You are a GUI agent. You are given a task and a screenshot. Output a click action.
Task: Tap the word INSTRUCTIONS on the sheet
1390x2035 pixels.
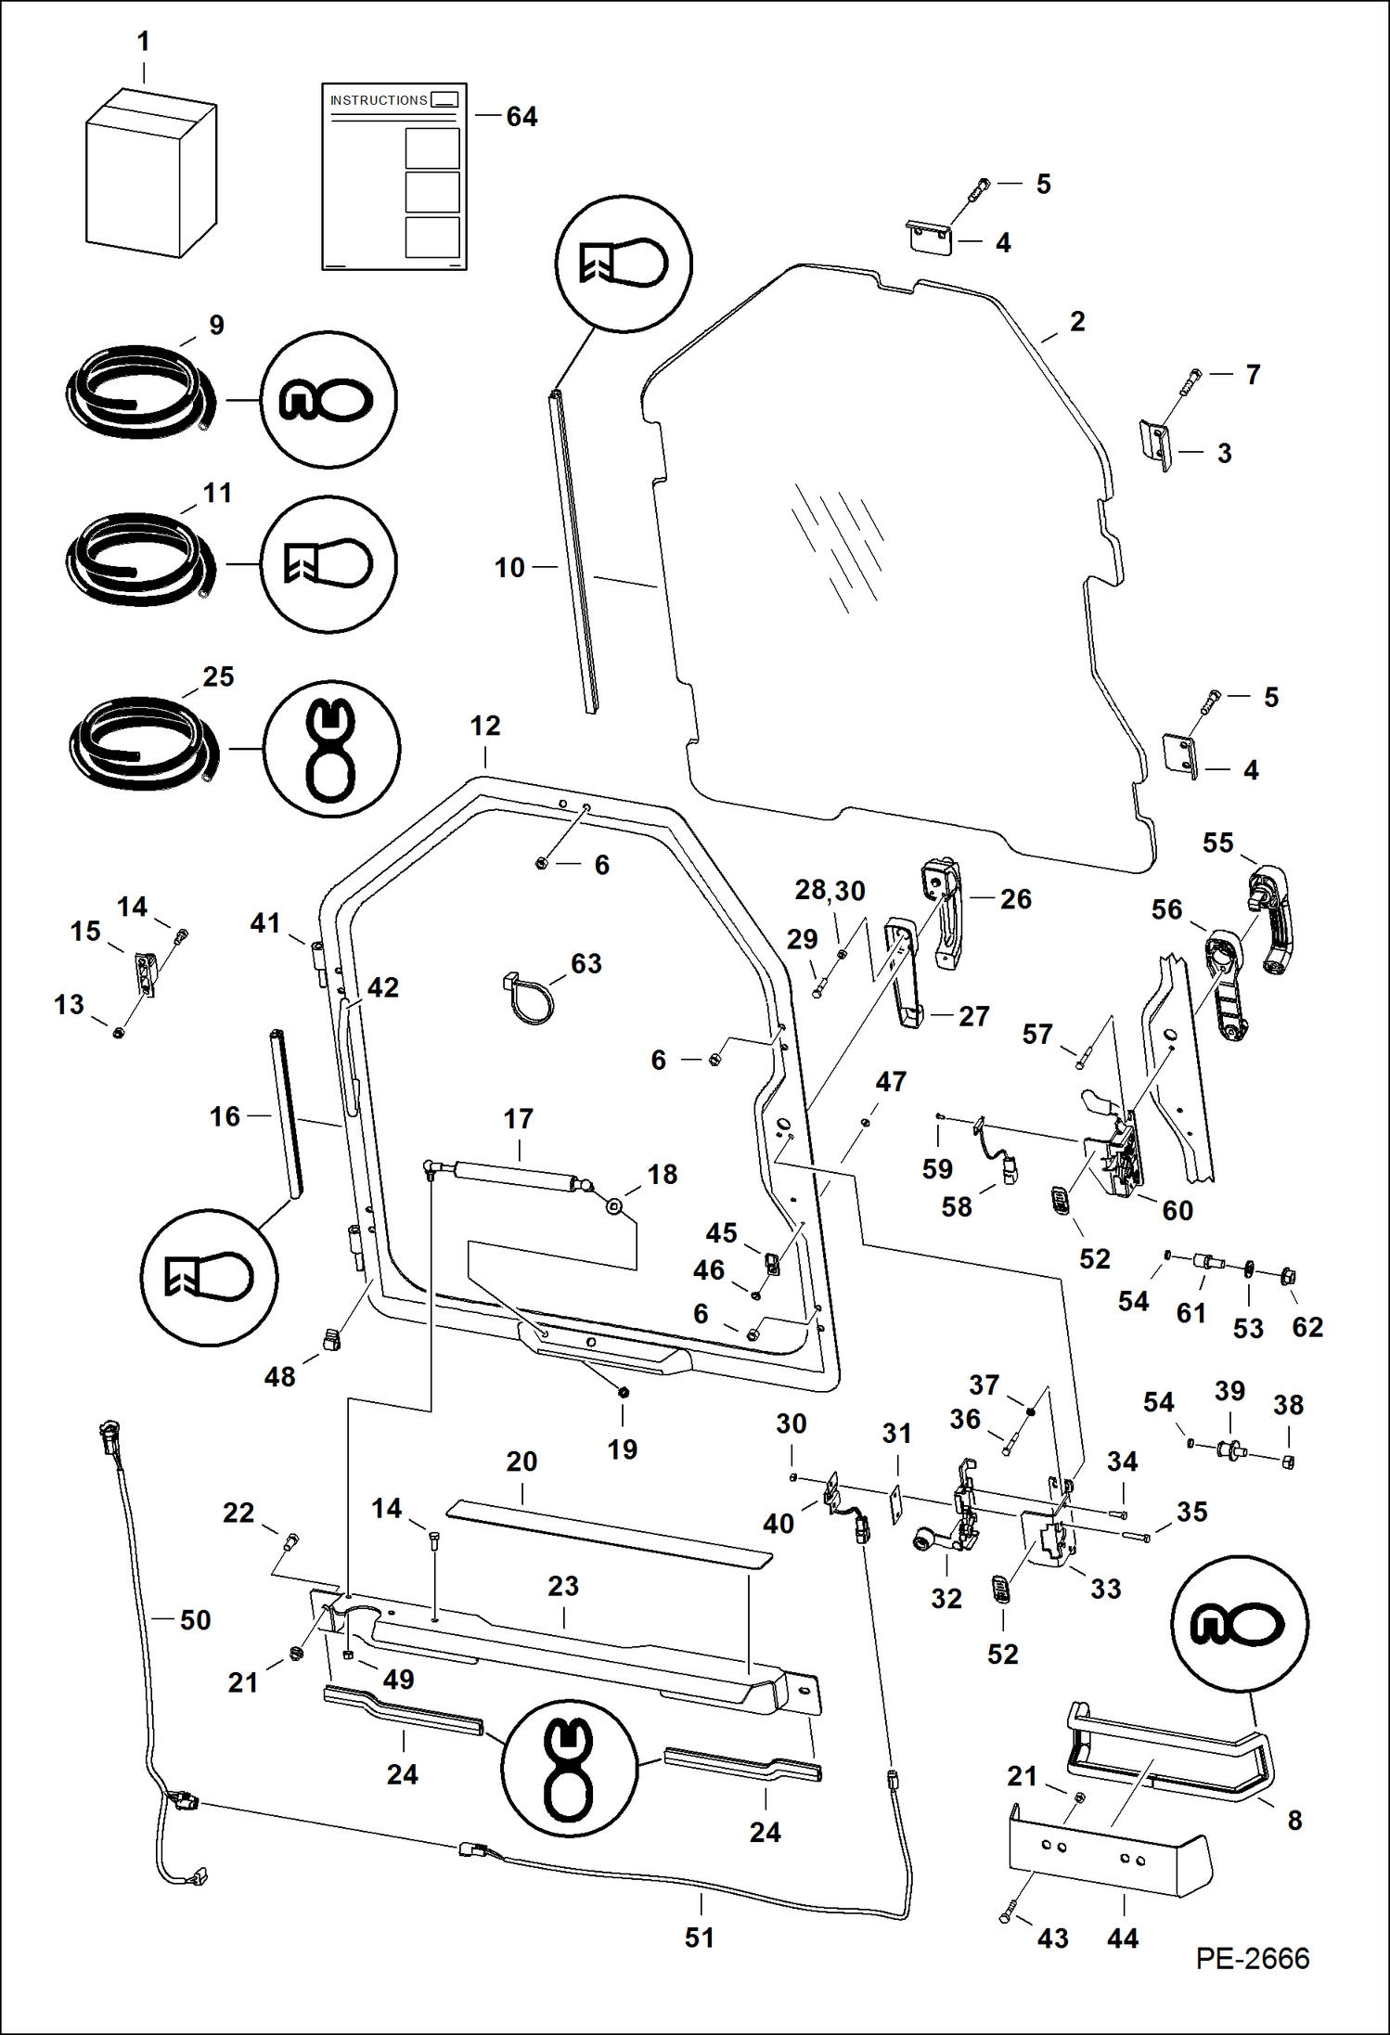coord(379,100)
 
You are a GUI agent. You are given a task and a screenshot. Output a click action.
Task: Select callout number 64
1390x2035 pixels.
coord(521,116)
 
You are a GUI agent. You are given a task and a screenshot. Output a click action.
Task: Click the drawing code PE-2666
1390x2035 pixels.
coord(1252,1958)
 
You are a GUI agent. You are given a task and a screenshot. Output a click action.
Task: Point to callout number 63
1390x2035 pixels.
coord(586,963)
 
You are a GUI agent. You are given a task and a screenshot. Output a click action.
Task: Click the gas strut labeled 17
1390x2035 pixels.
coord(516,1174)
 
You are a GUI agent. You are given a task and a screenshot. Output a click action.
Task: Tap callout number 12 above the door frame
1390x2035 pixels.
coord(485,726)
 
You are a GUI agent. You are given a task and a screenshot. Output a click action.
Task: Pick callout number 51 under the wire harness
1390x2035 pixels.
coord(700,1938)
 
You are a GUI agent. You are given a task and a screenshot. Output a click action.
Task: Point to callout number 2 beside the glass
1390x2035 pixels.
coord(1077,321)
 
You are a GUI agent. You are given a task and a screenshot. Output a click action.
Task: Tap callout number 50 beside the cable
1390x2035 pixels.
coord(195,1620)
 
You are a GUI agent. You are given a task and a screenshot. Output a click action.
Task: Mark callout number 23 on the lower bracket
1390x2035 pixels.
coord(563,1586)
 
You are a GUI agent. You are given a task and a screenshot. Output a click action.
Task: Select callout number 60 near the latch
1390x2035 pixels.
coord(1178,1210)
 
